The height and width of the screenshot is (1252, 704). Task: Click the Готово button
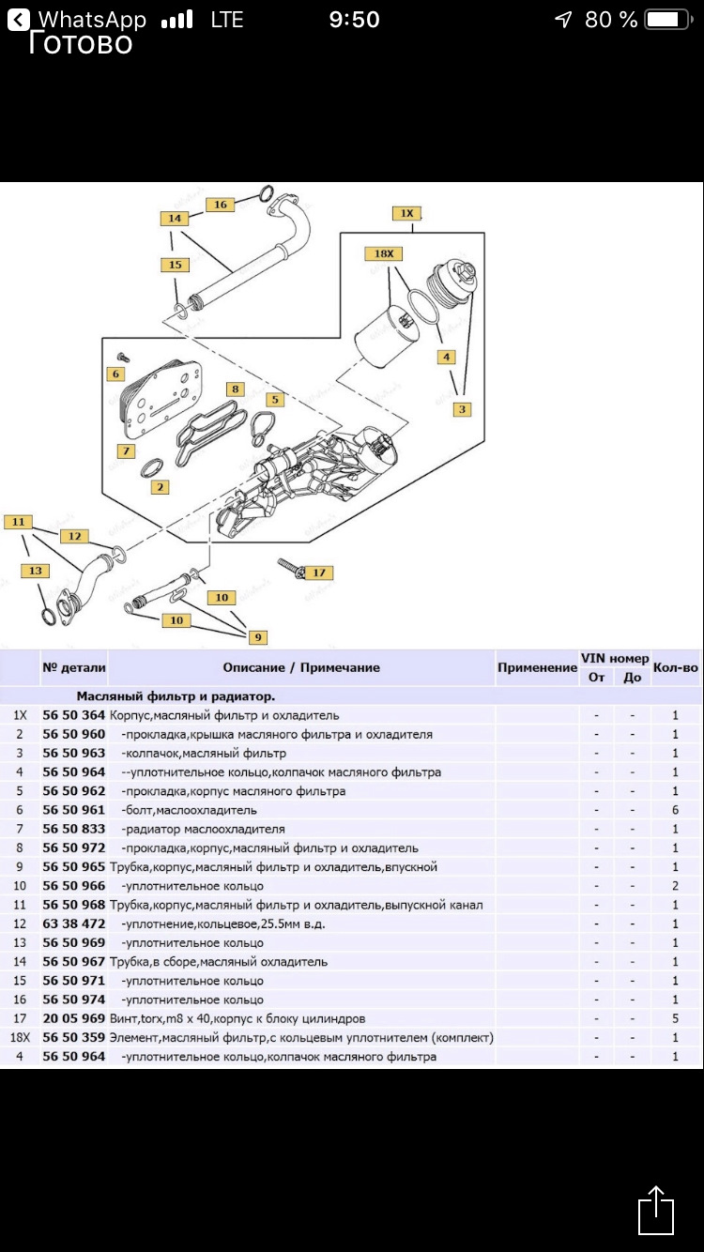point(81,43)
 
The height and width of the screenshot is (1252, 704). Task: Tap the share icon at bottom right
point(655,1210)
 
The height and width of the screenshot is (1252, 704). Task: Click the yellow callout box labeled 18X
point(384,253)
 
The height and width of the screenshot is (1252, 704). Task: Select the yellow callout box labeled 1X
point(407,213)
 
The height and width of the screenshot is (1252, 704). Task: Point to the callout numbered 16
point(221,204)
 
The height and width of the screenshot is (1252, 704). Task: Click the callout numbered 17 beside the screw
point(319,573)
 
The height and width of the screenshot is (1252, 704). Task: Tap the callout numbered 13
point(36,570)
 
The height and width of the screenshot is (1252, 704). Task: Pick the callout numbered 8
point(236,389)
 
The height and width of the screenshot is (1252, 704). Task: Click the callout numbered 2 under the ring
point(161,487)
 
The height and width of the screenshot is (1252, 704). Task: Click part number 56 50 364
point(74,715)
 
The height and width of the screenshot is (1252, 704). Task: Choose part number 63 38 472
point(74,924)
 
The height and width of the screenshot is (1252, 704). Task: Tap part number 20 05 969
point(74,1018)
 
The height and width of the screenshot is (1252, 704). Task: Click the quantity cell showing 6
point(675,810)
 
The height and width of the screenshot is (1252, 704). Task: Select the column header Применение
point(537,667)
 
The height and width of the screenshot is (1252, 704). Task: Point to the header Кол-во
point(675,667)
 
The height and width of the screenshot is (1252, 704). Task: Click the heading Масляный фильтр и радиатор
point(176,696)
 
